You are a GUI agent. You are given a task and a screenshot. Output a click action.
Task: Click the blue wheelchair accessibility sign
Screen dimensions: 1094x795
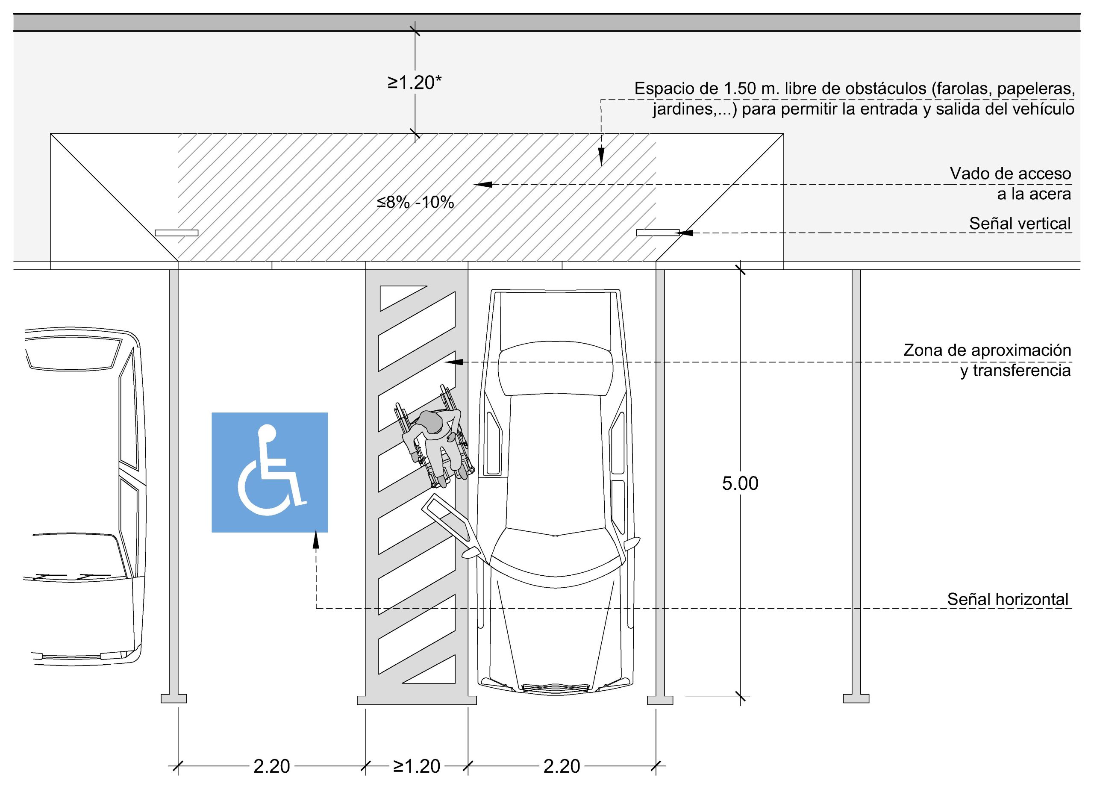click(270, 472)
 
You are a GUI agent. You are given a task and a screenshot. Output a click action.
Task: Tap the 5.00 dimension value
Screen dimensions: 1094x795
click(740, 483)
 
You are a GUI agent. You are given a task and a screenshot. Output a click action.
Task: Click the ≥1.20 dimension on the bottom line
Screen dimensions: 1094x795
click(417, 766)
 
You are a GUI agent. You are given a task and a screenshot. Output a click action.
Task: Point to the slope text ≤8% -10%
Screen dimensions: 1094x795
click(415, 202)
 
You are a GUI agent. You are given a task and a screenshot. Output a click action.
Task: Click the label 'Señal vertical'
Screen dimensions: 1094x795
click(1020, 224)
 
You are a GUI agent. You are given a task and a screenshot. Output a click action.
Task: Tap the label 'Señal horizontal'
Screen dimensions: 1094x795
click(1008, 599)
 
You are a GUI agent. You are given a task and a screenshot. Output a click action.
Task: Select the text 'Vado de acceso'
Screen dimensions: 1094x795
click(1011, 173)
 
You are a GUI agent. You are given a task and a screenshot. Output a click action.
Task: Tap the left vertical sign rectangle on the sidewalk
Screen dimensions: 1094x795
click(176, 233)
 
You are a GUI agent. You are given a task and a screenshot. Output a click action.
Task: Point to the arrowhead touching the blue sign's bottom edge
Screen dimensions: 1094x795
click(316, 540)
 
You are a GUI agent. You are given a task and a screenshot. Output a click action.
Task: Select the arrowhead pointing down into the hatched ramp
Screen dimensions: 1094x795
click(601, 157)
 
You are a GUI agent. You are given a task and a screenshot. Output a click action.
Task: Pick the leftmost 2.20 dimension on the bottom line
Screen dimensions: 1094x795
click(271, 766)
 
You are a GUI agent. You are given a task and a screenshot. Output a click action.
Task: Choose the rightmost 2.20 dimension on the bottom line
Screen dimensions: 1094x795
click(562, 766)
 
